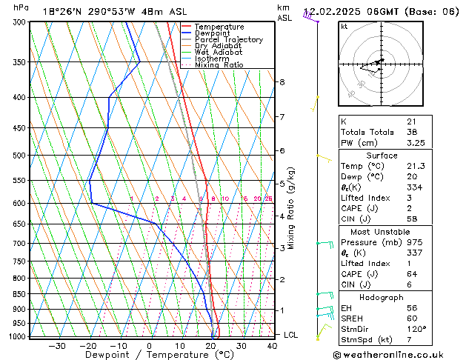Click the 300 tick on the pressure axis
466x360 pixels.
click(18, 22)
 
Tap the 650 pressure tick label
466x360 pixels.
click(18, 224)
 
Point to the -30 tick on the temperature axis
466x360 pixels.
click(57, 345)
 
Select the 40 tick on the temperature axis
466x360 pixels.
click(272, 345)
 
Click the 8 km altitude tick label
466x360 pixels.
click(282, 81)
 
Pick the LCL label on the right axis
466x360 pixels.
click(291, 335)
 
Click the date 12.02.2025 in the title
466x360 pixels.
click(330, 11)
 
